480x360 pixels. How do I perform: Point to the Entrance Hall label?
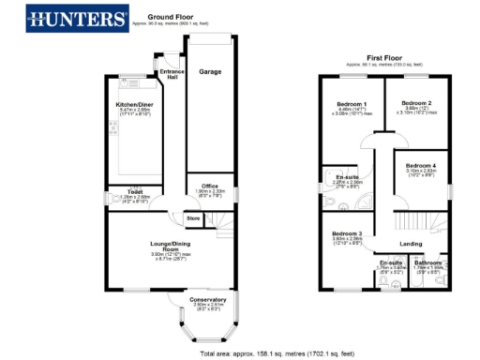172,73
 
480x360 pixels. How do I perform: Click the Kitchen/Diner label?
134,104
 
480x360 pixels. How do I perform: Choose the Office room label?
209,185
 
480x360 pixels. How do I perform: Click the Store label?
193,218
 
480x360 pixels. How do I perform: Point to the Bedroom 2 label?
416,102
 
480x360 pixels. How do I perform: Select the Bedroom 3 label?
347,233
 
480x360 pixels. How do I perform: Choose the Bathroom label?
428,262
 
